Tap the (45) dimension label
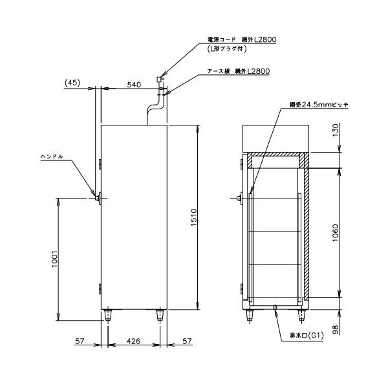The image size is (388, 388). point(72,83)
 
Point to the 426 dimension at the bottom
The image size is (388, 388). point(135,339)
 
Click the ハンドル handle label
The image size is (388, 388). point(52,156)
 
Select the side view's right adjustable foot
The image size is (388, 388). point(160,315)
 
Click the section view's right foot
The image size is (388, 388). point(300,315)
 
